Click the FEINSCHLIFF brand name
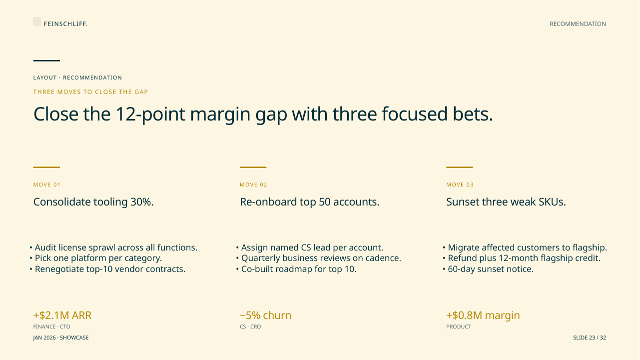[66, 24]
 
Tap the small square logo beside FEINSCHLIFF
[37, 21]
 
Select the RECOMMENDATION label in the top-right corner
[578, 24]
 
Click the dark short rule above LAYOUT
[46, 60]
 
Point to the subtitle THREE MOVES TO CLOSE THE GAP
[90, 92]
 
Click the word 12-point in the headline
[150, 114]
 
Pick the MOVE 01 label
[47, 184]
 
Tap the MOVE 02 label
[253, 184]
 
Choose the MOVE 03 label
[460, 184]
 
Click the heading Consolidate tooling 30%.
[93, 202]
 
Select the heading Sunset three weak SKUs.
[506, 202]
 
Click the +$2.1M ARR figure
[62, 315]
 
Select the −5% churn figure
[265, 315]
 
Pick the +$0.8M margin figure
[483, 315]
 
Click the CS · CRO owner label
[250, 326]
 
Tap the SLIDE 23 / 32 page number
[590, 337]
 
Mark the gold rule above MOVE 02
[253, 167]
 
